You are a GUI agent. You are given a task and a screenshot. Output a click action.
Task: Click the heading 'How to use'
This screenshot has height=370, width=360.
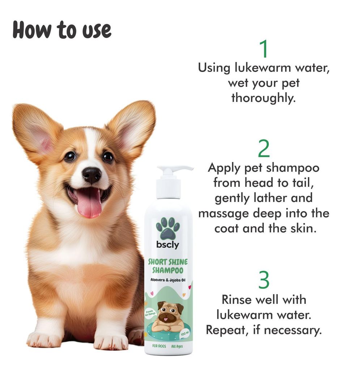[x=62, y=30]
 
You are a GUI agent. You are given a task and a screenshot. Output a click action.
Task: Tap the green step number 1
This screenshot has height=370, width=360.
[x=264, y=49]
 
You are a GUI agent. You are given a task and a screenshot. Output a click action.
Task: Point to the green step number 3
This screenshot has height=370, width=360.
[x=264, y=280]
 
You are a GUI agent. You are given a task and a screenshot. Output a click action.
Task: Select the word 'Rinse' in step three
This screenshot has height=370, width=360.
[x=238, y=300]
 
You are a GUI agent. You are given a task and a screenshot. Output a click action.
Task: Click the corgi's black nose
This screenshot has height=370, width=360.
[x=91, y=175]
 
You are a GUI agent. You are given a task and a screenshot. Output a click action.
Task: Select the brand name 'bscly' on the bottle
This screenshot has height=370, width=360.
[x=168, y=245]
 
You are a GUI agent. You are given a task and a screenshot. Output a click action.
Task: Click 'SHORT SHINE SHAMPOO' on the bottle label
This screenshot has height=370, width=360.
[x=168, y=266]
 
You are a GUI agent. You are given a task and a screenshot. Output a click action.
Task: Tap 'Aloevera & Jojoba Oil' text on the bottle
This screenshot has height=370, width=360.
[x=168, y=281]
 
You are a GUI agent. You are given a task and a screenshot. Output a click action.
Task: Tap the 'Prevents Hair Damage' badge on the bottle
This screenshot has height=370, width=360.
[x=151, y=313]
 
